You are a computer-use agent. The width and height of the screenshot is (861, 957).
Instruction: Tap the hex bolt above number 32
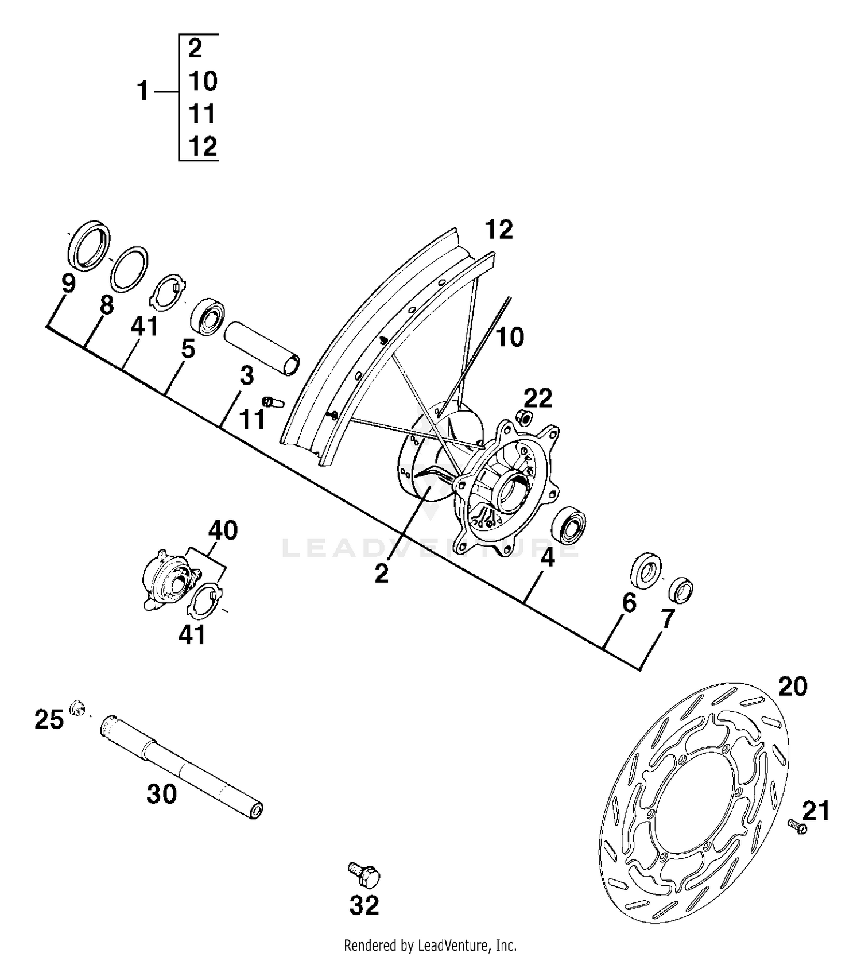(364, 874)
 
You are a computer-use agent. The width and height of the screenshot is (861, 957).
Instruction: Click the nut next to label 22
(522, 416)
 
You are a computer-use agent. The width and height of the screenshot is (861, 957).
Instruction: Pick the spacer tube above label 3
(262, 348)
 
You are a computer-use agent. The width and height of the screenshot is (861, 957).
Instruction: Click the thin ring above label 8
(129, 269)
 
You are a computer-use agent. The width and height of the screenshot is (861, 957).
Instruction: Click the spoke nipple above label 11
(273, 401)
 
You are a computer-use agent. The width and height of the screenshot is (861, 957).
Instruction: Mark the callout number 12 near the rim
(498, 230)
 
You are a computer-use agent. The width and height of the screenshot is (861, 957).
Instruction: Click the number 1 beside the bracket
(143, 91)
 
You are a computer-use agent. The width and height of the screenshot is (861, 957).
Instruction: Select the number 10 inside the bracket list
(203, 82)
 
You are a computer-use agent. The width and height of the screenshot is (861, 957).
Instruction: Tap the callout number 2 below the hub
(381, 573)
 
